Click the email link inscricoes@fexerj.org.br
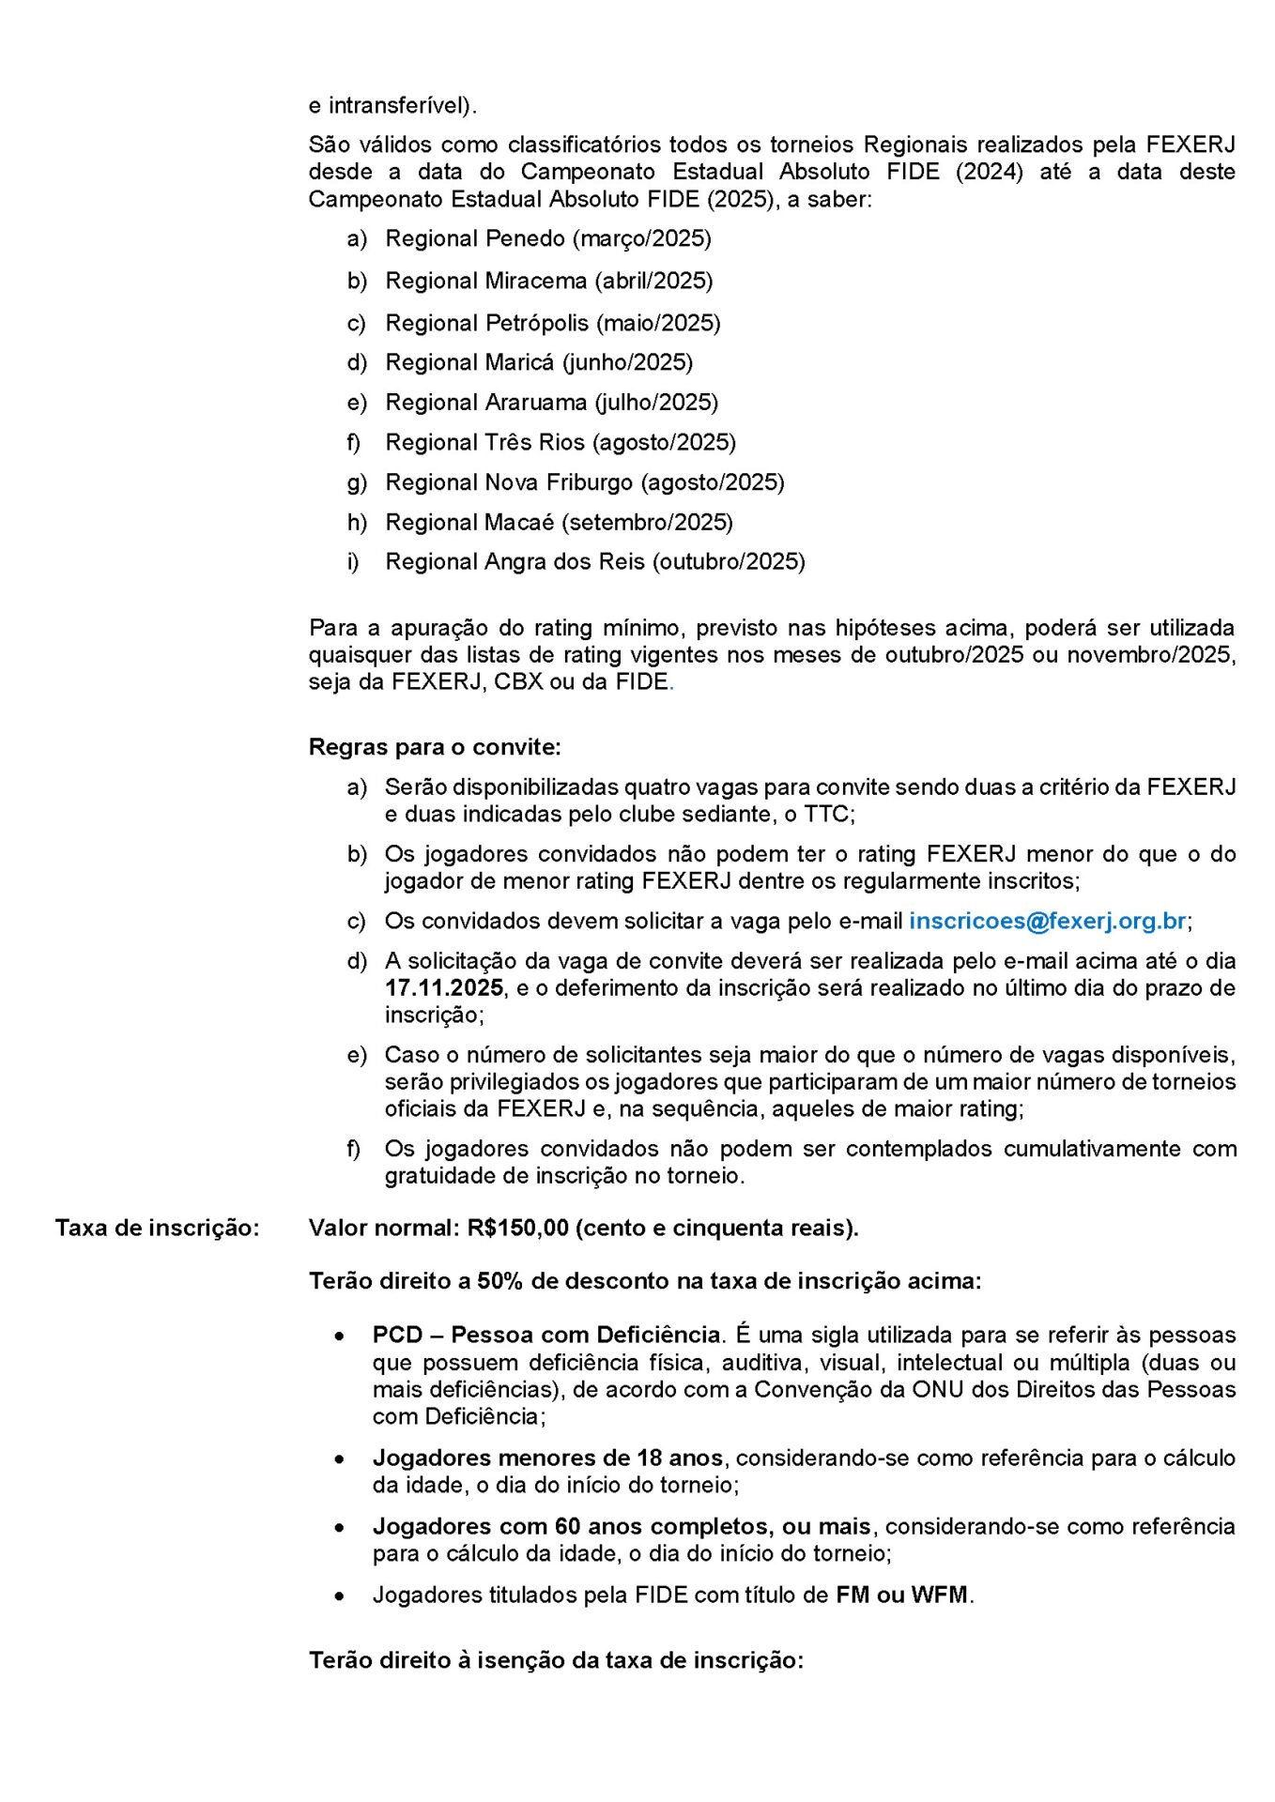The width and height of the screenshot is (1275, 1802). pos(1047,921)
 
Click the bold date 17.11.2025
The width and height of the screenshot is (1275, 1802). pos(444,988)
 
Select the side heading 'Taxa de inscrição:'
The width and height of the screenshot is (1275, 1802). pos(157,1228)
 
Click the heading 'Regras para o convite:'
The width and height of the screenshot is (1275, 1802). pos(435,747)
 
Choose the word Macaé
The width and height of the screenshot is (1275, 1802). pos(519,522)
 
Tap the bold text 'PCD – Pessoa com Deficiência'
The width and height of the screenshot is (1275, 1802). pos(547,1335)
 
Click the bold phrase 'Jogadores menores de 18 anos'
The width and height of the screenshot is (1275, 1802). pos(547,1458)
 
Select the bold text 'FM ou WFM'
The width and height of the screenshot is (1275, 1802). pos(901,1595)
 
